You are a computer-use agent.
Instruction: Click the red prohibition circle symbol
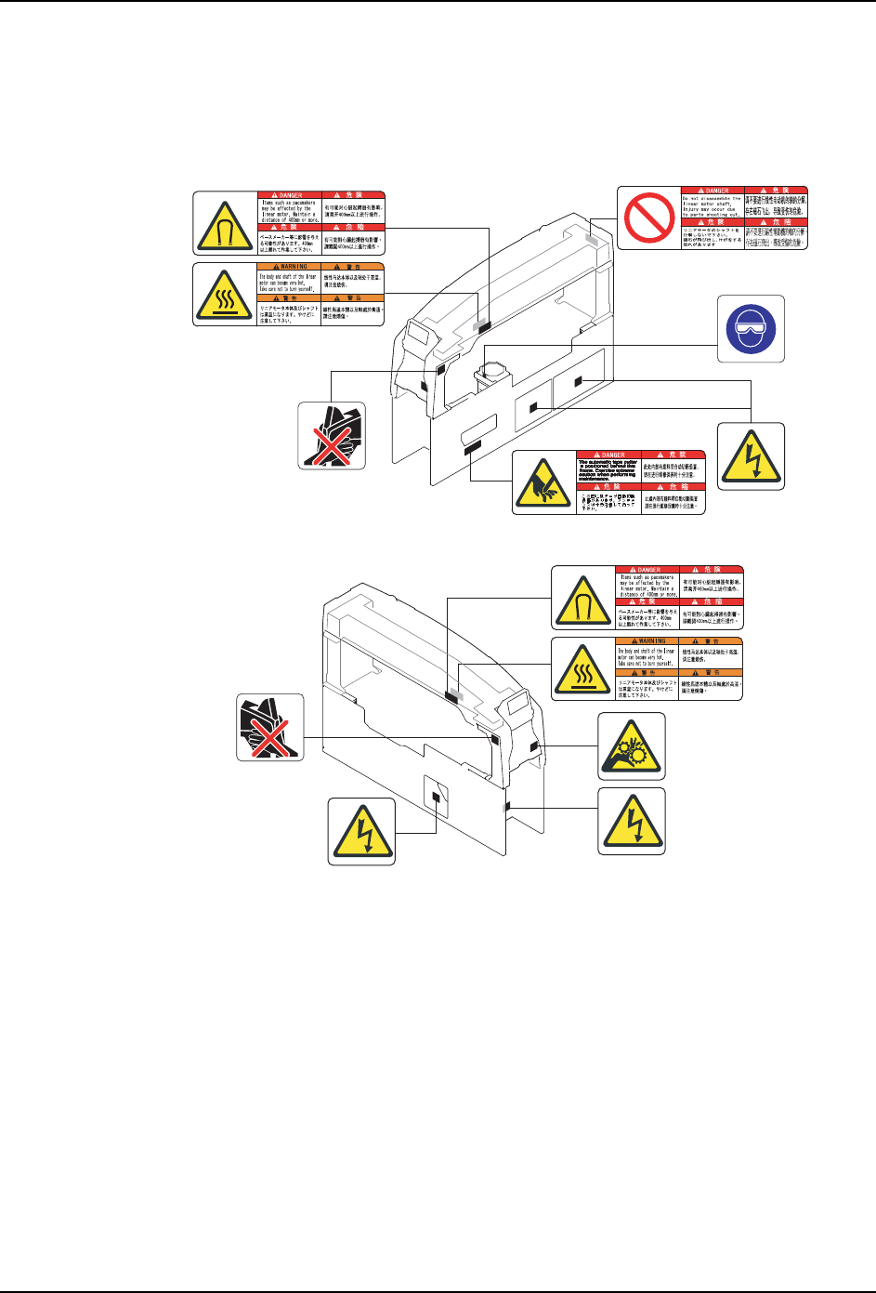[649, 217]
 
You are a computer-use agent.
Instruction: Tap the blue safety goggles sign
[751, 328]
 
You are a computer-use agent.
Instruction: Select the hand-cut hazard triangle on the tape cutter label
[544, 482]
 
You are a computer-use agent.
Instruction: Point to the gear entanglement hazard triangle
[631, 746]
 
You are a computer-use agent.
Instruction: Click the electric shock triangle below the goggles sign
[751, 456]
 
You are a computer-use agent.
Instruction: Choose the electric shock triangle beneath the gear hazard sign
[631, 821]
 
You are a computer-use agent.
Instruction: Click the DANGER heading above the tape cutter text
[609, 455]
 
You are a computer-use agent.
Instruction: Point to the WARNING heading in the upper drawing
[289, 267]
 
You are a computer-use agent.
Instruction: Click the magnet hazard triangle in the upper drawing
[225, 223]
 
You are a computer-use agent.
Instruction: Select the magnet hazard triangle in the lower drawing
[583, 597]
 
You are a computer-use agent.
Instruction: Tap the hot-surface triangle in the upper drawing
[225, 295]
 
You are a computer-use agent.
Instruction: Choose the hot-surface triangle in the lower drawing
[583, 668]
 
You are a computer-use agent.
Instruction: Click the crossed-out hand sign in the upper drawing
[332, 435]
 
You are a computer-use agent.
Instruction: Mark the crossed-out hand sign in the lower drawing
[269, 727]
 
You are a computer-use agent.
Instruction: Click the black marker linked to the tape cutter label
[473, 448]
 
